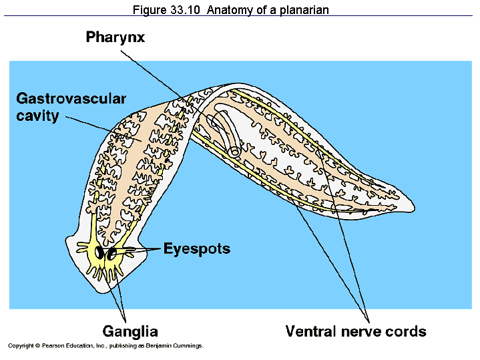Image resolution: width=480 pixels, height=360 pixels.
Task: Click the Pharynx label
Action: (x=115, y=37)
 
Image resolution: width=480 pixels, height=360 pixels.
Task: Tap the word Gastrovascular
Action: (x=71, y=99)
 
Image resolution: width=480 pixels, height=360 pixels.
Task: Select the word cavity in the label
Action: (x=38, y=116)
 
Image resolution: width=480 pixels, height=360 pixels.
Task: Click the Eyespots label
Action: (x=197, y=249)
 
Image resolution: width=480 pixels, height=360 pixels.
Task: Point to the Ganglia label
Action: (x=130, y=331)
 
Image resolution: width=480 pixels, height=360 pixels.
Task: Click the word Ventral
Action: (x=312, y=331)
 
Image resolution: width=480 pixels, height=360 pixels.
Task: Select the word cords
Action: (x=407, y=331)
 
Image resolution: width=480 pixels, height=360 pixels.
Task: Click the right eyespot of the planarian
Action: (x=113, y=253)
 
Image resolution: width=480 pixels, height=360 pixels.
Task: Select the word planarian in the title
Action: (x=305, y=10)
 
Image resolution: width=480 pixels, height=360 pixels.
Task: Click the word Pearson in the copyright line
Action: (x=50, y=346)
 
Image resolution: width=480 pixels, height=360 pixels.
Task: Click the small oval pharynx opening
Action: (x=235, y=152)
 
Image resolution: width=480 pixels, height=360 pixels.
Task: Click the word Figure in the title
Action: (x=149, y=10)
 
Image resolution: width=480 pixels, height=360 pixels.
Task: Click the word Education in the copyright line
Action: (x=77, y=346)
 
